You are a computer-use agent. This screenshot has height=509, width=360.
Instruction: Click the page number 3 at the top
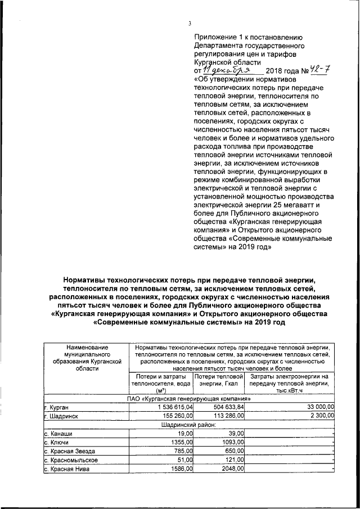pyautogui.click(x=190, y=23)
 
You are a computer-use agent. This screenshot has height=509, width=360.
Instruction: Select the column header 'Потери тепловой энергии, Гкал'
pyautogui.click(x=218, y=379)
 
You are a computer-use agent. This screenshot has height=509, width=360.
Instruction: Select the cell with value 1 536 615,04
pyautogui.click(x=168, y=406)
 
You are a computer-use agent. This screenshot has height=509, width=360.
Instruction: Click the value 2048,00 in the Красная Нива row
pyautogui.click(x=232, y=469)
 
